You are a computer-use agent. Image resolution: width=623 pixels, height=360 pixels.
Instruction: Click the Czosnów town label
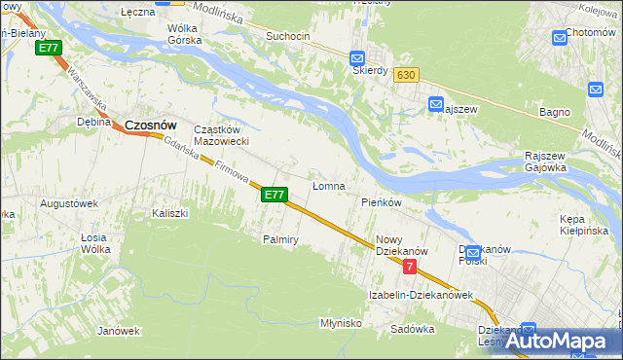click(x=151, y=125)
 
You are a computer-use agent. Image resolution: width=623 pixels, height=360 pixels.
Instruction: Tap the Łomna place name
click(x=328, y=186)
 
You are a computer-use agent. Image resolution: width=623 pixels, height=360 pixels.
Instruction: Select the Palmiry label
click(x=279, y=238)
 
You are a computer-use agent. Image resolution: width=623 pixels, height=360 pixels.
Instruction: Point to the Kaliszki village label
click(x=169, y=212)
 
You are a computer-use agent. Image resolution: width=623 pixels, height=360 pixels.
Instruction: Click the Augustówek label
click(x=68, y=203)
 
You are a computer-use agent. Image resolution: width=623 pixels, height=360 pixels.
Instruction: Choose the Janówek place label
click(x=119, y=331)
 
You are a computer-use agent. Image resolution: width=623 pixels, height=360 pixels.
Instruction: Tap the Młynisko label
click(x=341, y=322)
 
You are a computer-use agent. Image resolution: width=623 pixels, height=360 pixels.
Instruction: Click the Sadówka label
click(x=412, y=329)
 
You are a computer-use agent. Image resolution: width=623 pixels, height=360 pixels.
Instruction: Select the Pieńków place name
click(x=382, y=202)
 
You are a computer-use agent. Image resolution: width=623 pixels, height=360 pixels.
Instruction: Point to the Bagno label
click(x=554, y=112)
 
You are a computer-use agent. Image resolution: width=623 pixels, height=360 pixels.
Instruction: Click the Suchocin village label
click(x=287, y=36)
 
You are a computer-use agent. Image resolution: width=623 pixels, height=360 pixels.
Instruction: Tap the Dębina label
click(x=94, y=122)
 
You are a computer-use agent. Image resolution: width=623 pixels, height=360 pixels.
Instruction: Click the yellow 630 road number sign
click(x=407, y=74)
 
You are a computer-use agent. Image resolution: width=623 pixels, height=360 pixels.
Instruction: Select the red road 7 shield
click(x=410, y=266)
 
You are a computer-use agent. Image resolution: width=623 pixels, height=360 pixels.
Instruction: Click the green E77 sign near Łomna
click(x=275, y=195)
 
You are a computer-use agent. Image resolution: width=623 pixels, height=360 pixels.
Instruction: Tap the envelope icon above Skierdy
click(x=357, y=57)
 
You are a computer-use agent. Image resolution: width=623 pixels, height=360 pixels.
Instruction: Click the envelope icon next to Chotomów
click(x=560, y=37)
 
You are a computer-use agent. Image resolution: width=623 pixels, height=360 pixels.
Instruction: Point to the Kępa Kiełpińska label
click(x=584, y=225)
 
